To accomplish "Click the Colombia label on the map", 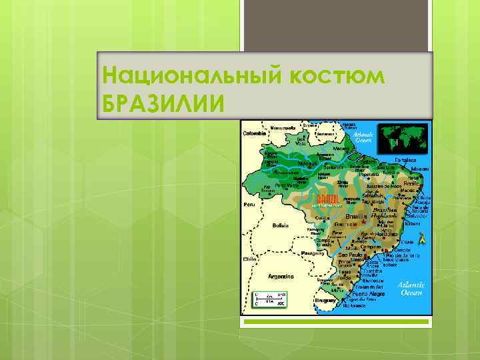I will [x=254, y=133].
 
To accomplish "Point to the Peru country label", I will [x=249, y=203].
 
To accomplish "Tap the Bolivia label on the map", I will [x=281, y=225].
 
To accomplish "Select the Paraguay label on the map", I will [x=314, y=253].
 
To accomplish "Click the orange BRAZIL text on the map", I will [x=327, y=199].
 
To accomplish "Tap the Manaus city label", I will [x=308, y=163].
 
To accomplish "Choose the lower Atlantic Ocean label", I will [x=411, y=287].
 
